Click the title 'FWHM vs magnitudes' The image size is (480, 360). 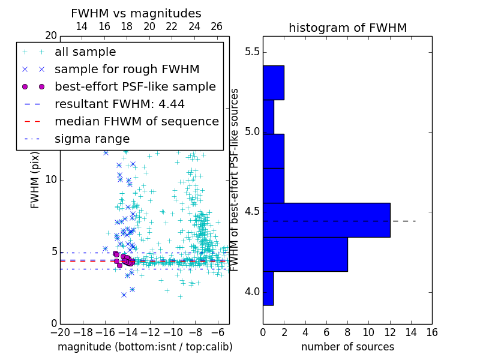136,14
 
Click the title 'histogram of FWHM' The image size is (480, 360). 347,28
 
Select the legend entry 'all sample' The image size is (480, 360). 85,52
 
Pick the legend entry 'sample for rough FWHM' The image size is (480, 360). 127,69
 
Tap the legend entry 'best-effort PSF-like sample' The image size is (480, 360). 135,86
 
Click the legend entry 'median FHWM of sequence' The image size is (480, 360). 136,121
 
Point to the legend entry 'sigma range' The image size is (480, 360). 92,139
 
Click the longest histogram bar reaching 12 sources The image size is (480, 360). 326,220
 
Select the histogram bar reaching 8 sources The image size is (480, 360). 305,254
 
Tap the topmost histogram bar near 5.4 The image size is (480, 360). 273,82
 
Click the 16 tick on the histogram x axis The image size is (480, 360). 431,332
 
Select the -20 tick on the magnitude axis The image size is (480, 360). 60,332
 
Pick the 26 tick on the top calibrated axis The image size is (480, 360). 217,27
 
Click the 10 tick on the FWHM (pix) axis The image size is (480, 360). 52,180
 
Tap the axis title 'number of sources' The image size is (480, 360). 347,347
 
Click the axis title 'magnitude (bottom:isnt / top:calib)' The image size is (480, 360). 145,347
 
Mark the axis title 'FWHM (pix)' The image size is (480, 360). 35,180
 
